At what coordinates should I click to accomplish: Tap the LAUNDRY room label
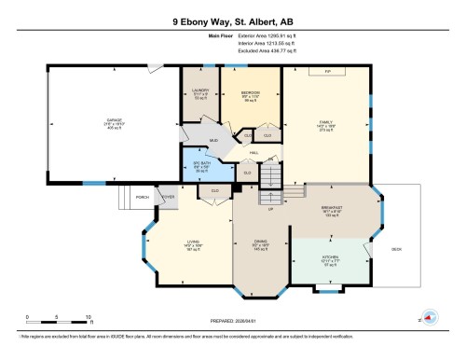pos(199,90)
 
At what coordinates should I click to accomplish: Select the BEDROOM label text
pos(250,93)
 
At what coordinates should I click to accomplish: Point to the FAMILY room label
pos(326,120)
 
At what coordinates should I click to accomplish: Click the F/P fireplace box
pos(326,72)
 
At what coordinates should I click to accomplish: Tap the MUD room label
pos(212,141)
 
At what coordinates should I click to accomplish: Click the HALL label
pos(254,153)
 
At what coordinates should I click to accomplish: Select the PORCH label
pos(144,197)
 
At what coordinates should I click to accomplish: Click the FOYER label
pos(169,197)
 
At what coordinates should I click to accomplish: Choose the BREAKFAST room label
pos(332,207)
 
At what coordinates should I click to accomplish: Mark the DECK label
pos(397,249)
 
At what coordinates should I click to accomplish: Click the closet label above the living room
pos(214,190)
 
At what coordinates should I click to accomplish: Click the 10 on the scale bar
pos(89,317)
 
